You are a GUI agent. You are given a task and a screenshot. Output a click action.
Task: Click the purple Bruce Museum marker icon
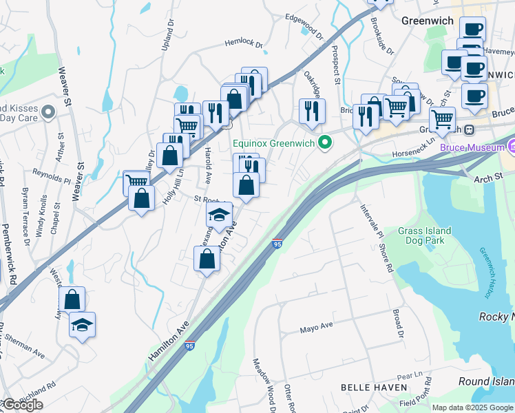coord(511,146)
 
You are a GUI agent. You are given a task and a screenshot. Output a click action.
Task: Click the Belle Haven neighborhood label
coord(374,388)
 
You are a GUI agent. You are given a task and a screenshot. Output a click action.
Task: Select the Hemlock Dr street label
coord(244,43)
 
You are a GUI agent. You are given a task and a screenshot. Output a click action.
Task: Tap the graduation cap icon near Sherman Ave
coord(83,324)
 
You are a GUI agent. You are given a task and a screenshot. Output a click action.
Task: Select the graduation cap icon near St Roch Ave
coord(220,214)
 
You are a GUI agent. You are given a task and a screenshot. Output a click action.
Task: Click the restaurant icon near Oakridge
coord(312,110)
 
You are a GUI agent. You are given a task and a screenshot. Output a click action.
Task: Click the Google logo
coord(22,405)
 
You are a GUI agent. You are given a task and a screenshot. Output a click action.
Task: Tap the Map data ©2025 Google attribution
coord(472,407)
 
